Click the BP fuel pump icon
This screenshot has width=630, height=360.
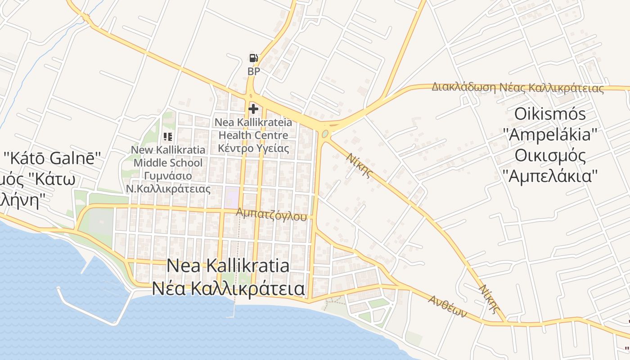pyautogui.click(x=253, y=58)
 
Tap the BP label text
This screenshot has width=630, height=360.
pyautogui.click(x=253, y=71)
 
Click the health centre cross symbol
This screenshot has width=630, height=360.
pyautogui.click(x=253, y=108)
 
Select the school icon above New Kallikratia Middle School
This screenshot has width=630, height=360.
pyautogui.click(x=168, y=136)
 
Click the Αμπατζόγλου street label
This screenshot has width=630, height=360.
pyautogui.click(x=271, y=214)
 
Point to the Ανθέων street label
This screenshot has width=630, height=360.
pyautogui.click(x=447, y=306)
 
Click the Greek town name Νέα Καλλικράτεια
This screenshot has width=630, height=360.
pyautogui.click(x=228, y=288)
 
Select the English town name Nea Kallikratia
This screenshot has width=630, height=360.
pyautogui.click(x=228, y=265)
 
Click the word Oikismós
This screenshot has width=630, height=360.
pyautogui.click(x=550, y=114)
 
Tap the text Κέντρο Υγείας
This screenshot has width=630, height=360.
pyautogui.click(x=253, y=148)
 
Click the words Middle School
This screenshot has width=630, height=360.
pyautogui.click(x=168, y=162)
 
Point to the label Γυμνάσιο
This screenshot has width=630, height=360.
pyautogui.click(x=168, y=175)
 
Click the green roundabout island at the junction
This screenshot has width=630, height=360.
pyautogui.click(x=325, y=134)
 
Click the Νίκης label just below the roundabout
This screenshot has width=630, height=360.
pyautogui.click(x=359, y=165)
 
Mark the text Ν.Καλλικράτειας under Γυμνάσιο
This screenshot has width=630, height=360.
pyautogui.click(x=168, y=189)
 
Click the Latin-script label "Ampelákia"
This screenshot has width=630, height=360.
pyautogui.click(x=550, y=135)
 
